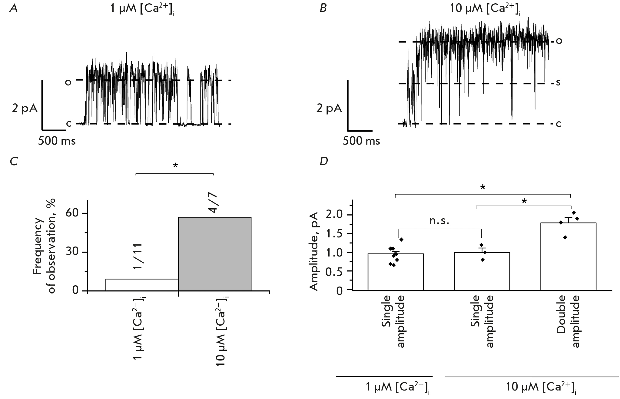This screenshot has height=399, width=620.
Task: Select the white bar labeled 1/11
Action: pyautogui.click(x=142, y=285)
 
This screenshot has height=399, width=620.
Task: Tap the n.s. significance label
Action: pyautogui.click(x=439, y=220)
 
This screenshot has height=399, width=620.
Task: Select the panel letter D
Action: pyautogui.click(x=324, y=162)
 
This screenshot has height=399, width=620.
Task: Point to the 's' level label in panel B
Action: pyautogui.click(x=558, y=83)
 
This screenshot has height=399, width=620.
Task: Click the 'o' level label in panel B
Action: pyautogui.click(x=559, y=41)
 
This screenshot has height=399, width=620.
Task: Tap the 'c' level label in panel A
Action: pyautogui.click(x=69, y=124)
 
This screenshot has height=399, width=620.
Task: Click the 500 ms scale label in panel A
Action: pyautogui.click(x=57, y=141)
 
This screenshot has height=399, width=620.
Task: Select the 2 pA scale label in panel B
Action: pyautogui.click(x=329, y=108)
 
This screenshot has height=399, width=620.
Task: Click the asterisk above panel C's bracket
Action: pyautogui.click(x=175, y=166)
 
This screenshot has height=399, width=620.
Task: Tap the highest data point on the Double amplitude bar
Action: pyautogui.click(x=574, y=213)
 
